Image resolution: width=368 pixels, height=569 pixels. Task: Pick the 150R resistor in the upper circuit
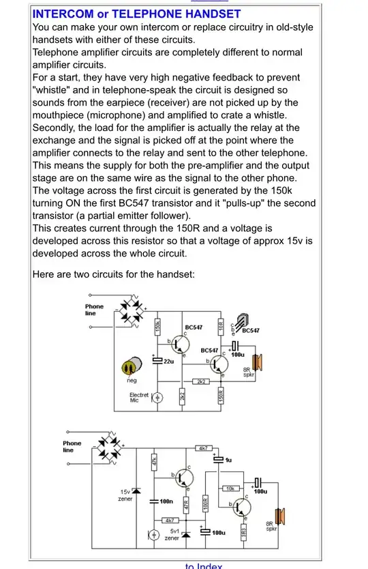click(x=221, y=395)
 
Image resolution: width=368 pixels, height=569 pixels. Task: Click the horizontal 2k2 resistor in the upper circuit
click(x=202, y=381)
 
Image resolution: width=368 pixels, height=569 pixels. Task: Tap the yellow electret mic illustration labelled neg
click(x=129, y=367)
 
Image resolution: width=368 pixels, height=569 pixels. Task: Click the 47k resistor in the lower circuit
click(x=155, y=461)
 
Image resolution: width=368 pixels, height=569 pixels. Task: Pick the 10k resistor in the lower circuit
click(x=230, y=488)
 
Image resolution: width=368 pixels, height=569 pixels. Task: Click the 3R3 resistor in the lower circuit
click(x=243, y=529)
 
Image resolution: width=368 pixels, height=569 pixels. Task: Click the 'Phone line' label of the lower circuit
click(x=72, y=446)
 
